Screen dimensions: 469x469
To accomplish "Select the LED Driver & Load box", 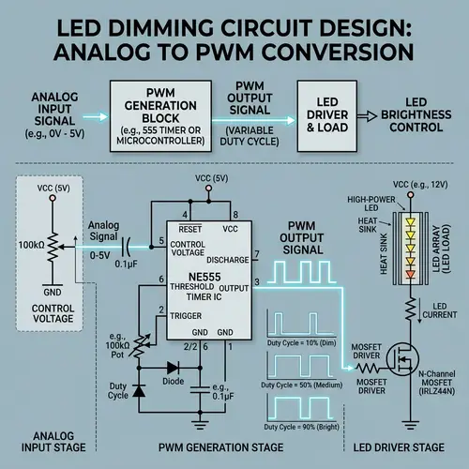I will [x=329, y=113].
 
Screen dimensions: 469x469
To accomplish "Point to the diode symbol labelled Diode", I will [x=173, y=369].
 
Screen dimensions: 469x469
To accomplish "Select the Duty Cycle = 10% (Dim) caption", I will [x=302, y=344].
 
